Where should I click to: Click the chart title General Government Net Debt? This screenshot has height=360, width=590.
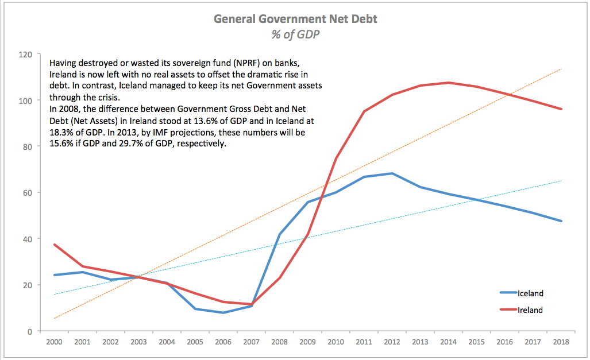[x=295, y=19]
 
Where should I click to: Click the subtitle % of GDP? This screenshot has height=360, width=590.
[x=295, y=34]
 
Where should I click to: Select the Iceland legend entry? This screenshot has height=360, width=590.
[x=530, y=293]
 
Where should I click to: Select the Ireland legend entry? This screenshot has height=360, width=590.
[x=530, y=310]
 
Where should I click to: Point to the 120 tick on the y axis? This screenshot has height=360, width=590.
[x=26, y=55]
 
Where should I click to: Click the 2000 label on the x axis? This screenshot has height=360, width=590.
[x=54, y=343]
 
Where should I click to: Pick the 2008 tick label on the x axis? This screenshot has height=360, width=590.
[x=279, y=343]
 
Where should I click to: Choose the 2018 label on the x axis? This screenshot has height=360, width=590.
[x=561, y=343]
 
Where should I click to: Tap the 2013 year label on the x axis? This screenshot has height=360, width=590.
[x=420, y=343]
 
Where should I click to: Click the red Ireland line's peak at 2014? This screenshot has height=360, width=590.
[x=448, y=83]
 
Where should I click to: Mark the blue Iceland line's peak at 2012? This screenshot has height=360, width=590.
[x=392, y=173]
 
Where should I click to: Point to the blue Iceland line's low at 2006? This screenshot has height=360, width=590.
[x=223, y=313]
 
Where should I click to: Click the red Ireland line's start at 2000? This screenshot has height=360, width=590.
[x=54, y=245]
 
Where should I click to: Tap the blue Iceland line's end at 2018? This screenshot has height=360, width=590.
[x=561, y=221]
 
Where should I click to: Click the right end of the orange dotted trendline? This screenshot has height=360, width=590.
[x=561, y=69]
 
